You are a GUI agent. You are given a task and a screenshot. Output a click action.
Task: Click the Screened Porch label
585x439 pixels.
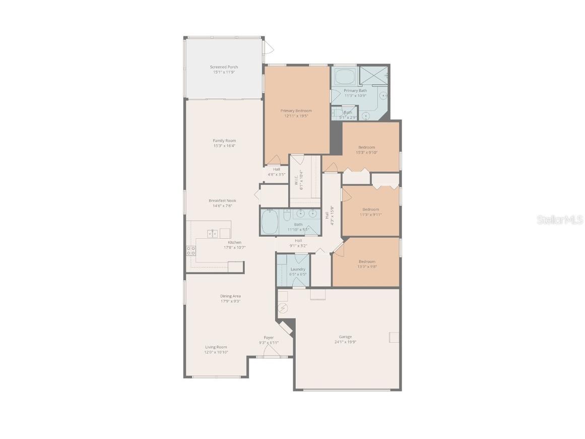[x=224, y=67]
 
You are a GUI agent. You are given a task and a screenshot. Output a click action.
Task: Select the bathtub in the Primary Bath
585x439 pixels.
[x=345, y=77]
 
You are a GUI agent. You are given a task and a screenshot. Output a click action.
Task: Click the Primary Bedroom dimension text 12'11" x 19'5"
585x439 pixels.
[x=296, y=116]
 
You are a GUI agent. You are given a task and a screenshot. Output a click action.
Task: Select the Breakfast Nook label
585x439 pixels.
[x=222, y=200]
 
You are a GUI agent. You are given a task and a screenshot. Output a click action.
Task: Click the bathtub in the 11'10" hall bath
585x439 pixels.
[x=270, y=222]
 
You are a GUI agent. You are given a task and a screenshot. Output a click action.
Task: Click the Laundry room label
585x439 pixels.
[x=298, y=269]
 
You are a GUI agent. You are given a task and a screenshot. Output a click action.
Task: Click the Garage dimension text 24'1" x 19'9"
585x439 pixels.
[x=346, y=342]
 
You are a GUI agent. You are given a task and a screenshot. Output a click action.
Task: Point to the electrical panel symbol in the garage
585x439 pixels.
[x=283, y=307]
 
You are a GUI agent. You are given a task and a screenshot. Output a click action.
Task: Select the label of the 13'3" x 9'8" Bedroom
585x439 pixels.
[x=367, y=261]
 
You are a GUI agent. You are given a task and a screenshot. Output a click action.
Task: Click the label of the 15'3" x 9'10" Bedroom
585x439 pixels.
[x=367, y=147]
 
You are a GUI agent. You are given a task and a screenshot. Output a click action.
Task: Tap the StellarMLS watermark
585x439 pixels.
[x=560, y=219]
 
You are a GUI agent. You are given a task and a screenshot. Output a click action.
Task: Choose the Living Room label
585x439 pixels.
[x=216, y=347]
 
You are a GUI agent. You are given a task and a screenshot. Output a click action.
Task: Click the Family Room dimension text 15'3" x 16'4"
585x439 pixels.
[x=224, y=146]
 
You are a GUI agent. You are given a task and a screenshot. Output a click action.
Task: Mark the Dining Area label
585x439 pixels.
[x=230, y=296]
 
